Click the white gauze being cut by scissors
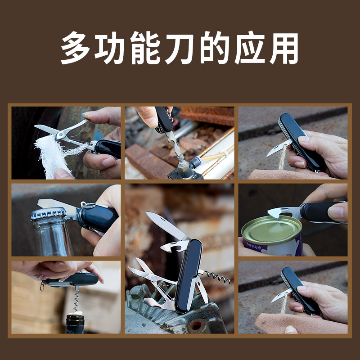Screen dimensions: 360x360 click(x=52, y=155)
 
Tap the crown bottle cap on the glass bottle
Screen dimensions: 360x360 click(x=49, y=213)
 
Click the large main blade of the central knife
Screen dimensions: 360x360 click(x=166, y=225)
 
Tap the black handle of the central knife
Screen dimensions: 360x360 click(x=188, y=274)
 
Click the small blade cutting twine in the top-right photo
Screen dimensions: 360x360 click(x=279, y=148)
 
